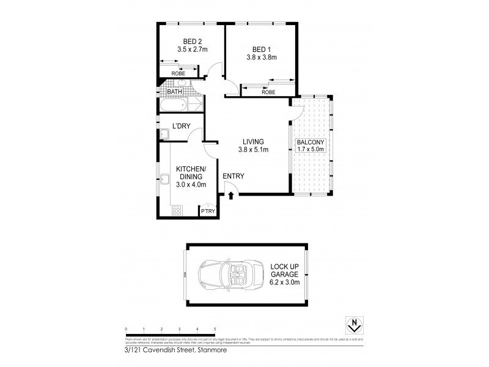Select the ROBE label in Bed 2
[x=178, y=73]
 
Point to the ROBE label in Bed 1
[x=268, y=92]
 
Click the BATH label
[x=175, y=93]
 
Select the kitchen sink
[x=166, y=179]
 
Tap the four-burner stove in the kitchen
[x=175, y=210]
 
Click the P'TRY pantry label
[x=208, y=211]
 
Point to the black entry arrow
[x=231, y=196]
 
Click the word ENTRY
[x=233, y=176]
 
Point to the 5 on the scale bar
[x=215, y=330]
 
